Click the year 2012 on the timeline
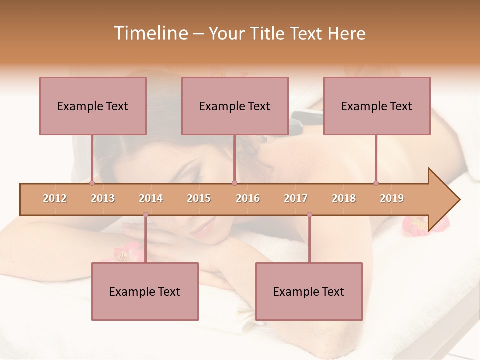pyautogui.click(x=55, y=199)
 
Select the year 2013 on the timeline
pyautogui.click(x=103, y=199)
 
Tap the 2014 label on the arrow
pyautogui.click(x=151, y=199)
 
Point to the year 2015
pyautogui.click(x=199, y=199)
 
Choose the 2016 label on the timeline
pyautogui.click(x=248, y=199)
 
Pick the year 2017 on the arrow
pyautogui.click(x=296, y=199)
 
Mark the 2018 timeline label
pyautogui.click(x=344, y=199)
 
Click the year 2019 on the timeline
pyautogui.click(x=392, y=199)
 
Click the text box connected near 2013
pyautogui.click(x=93, y=106)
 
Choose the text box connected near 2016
pyautogui.click(x=235, y=106)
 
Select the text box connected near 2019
pyautogui.click(x=377, y=106)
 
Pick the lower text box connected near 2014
pyautogui.click(x=145, y=291)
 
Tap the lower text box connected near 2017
pyautogui.click(x=309, y=291)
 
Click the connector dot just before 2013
pyautogui.click(x=92, y=183)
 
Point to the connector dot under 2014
pyautogui.click(x=145, y=215)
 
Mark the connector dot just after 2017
pyautogui.click(x=309, y=215)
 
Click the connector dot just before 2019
pyautogui.click(x=376, y=183)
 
